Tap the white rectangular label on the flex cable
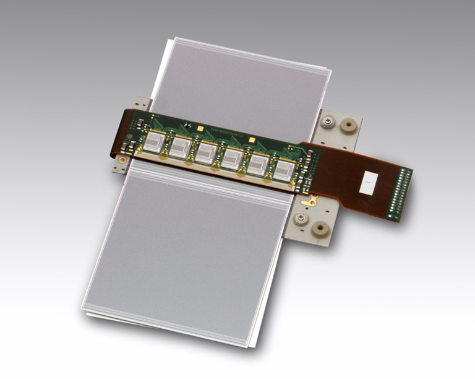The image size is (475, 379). coord(369,183)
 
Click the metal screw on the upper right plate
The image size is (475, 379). coord(327,121)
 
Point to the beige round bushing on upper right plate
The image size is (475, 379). coord(349,126)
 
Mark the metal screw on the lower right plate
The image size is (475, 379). coord(301,220)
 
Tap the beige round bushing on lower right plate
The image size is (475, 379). coord(321,229)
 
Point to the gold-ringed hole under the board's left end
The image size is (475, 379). coord(122,159)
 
